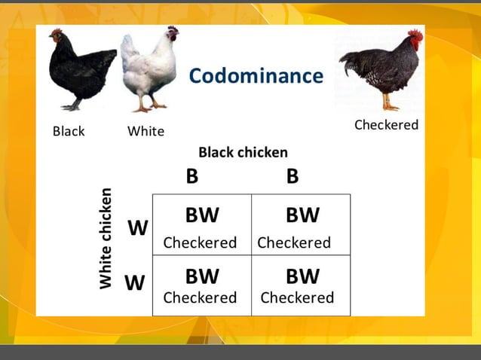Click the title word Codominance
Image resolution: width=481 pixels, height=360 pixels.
point(256,75)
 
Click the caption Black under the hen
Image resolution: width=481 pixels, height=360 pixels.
point(69,131)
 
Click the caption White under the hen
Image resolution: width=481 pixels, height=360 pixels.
point(146,131)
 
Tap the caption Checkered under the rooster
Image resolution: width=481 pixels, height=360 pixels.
point(386,124)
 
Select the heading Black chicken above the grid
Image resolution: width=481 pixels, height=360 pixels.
point(243,152)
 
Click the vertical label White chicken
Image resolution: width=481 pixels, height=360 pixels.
point(106,238)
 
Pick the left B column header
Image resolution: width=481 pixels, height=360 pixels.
point(192,176)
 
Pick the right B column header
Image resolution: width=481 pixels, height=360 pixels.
point(293,176)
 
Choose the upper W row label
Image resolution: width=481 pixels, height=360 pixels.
point(137,228)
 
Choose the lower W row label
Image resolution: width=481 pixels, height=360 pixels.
point(134,283)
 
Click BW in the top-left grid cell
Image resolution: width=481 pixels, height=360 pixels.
point(202,215)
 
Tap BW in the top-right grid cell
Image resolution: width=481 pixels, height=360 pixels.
point(302,215)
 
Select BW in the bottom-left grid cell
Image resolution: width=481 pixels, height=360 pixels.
point(202,276)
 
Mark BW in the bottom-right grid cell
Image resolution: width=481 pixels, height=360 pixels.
point(302,276)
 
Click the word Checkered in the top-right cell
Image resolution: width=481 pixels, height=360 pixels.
point(294,243)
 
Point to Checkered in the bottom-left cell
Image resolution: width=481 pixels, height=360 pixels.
point(200,297)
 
